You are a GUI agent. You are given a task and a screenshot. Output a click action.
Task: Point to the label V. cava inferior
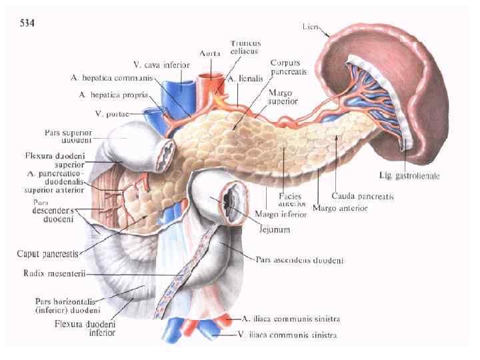pos(161,65)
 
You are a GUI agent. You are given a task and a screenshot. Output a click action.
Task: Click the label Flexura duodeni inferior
pos(85,328)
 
